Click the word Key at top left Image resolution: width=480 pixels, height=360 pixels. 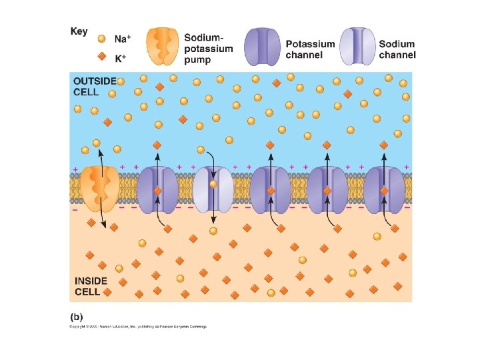tap(79, 32)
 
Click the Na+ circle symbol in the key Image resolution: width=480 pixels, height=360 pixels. tap(101, 39)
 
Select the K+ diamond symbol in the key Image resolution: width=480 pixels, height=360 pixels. tap(101, 57)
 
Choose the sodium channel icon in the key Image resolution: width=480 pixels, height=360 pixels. tap(357, 47)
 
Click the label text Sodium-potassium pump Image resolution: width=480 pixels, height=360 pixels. tap(209, 49)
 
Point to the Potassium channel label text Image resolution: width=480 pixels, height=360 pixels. tap(310, 49)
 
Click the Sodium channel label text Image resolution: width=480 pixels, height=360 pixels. tap(397, 49)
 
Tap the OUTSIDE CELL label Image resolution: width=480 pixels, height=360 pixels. tap(94, 86)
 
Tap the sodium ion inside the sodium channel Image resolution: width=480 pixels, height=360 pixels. tap(213, 184)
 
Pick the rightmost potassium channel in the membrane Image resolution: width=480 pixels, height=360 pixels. tap(384, 187)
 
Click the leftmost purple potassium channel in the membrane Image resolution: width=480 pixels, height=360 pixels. tap(157, 187)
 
